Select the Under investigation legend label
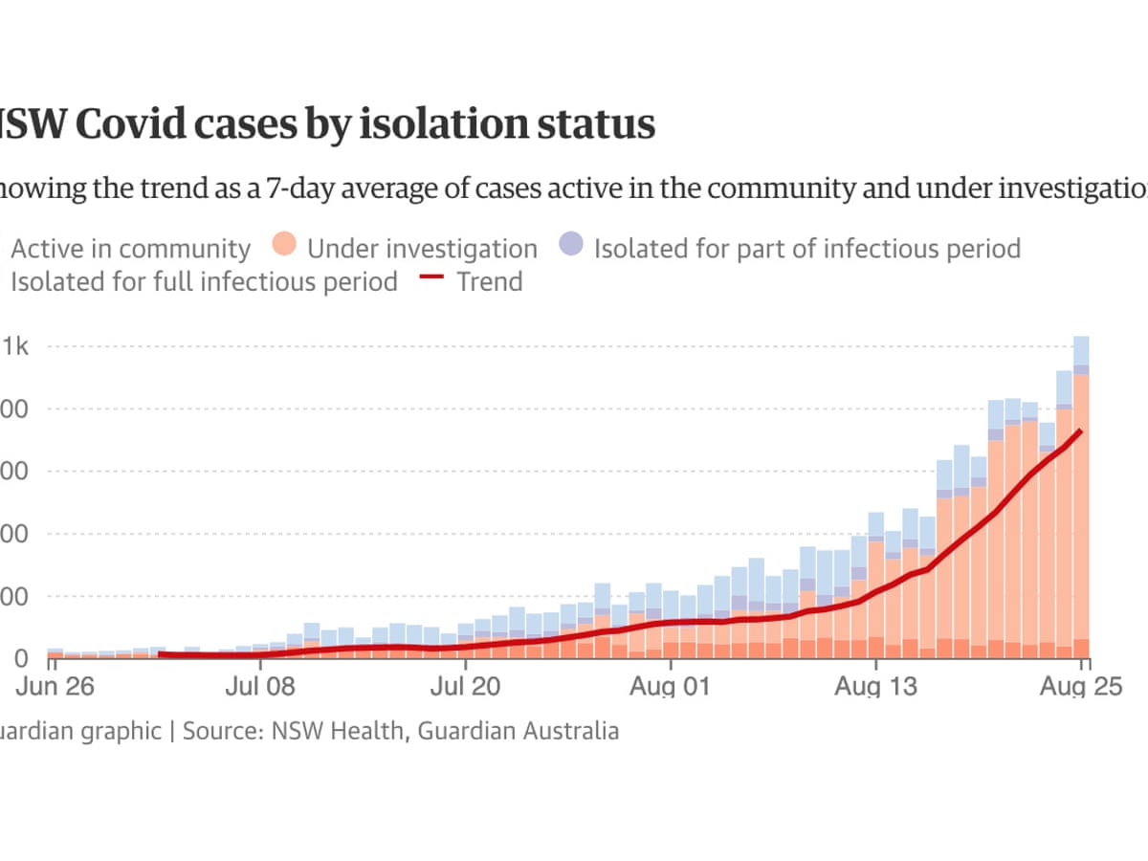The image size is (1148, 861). click(422, 250)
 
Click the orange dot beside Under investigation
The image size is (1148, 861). click(285, 249)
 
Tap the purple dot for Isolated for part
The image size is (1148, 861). click(572, 249)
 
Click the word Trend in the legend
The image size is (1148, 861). click(490, 282)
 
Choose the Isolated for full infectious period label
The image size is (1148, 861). click(204, 282)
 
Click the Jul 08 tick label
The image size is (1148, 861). click(259, 688)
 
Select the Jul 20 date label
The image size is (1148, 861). click(465, 688)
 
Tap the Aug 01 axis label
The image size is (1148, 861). click(671, 688)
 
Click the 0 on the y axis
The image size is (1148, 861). click(19, 659)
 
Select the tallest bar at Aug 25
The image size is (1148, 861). click(1082, 497)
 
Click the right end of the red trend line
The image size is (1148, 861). click(1081, 431)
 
